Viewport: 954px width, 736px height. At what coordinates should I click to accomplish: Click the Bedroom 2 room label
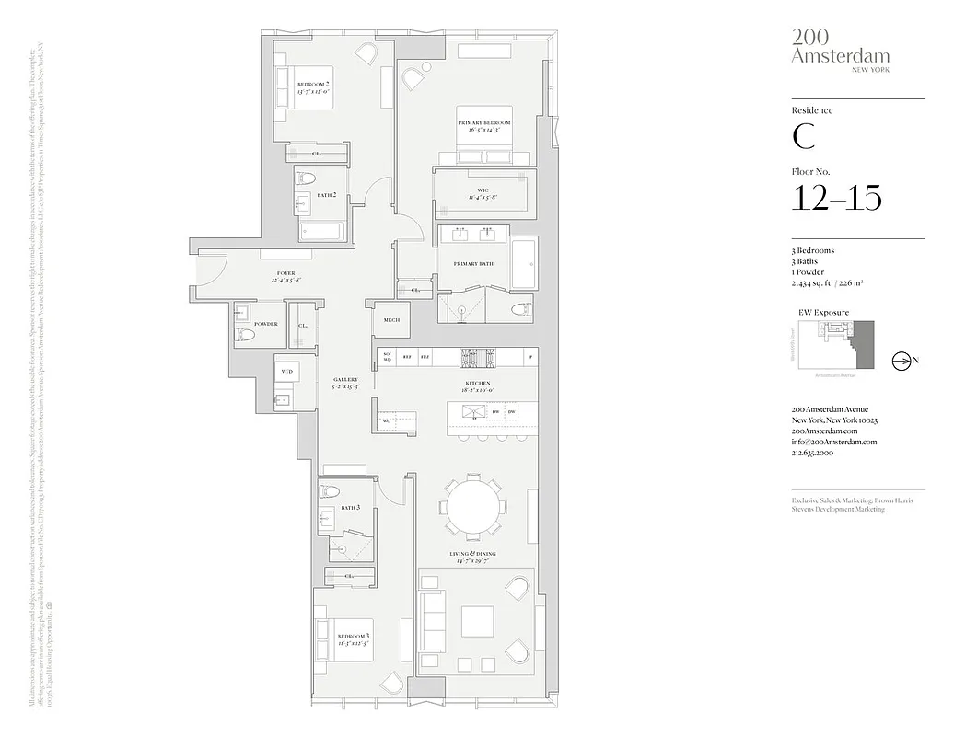[x=313, y=85]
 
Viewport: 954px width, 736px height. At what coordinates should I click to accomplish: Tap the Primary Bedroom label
[x=483, y=123]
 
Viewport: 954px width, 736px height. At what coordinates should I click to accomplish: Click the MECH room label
[x=390, y=321]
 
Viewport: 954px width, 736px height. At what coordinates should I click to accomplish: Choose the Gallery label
[x=344, y=381]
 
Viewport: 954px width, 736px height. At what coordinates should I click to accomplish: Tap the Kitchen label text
[x=479, y=383]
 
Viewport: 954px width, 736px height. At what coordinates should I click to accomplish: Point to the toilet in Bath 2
[x=308, y=178]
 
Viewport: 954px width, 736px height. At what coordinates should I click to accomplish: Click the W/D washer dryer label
[x=286, y=371]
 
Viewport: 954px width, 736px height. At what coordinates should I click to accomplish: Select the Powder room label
[x=266, y=324]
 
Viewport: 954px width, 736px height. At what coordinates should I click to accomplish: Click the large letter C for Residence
[x=803, y=136]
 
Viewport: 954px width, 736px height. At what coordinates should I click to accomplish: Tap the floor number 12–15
[x=836, y=197]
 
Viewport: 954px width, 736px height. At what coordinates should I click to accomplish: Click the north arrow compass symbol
[x=902, y=362]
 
